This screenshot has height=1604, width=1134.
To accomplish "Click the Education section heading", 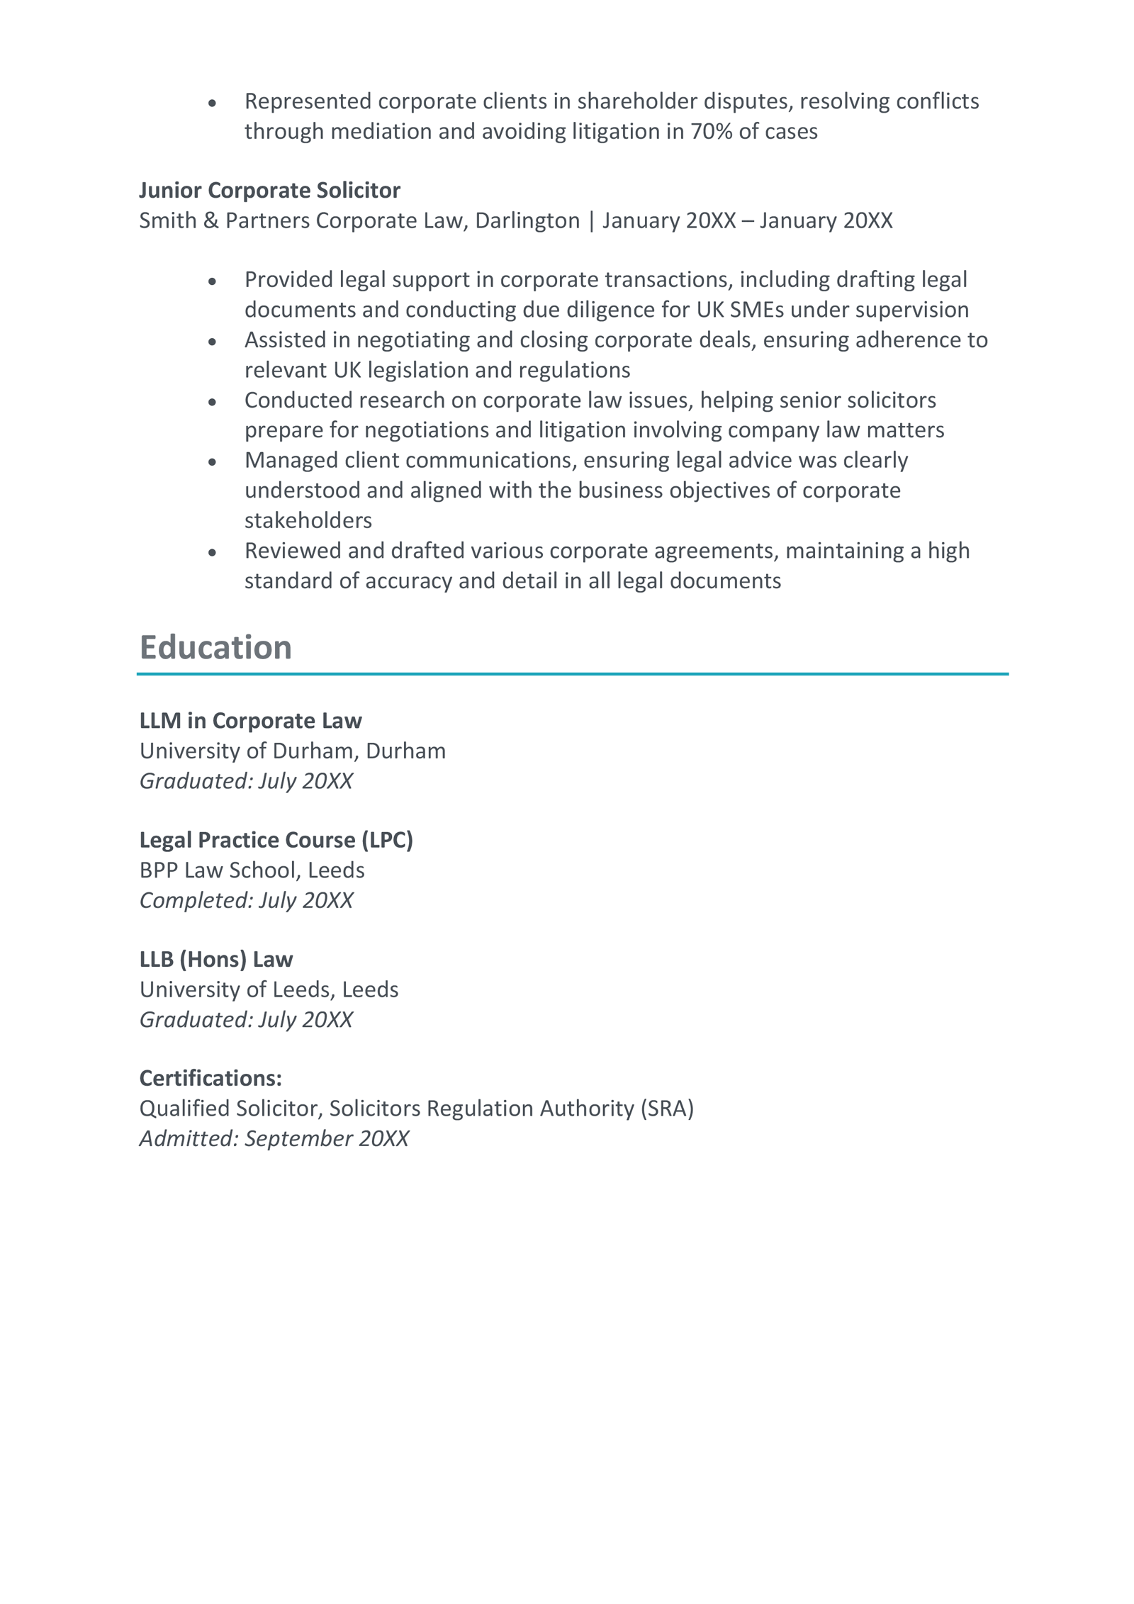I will [x=215, y=648].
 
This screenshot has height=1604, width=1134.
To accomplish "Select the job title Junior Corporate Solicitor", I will [x=269, y=191].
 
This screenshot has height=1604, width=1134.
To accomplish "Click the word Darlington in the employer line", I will [x=527, y=221].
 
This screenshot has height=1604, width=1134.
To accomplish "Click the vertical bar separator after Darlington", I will [x=591, y=221].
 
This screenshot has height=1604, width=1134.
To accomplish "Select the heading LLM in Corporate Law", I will [x=250, y=721].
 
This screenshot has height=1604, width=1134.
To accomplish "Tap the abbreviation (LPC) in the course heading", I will [x=387, y=840].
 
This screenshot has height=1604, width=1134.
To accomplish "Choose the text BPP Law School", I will [x=218, y=870].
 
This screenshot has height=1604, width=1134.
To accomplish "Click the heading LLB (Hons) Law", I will [x=215, y=960].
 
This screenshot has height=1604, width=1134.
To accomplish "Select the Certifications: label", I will [x=210, y=1079].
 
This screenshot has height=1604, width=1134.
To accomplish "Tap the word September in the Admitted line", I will [x=298, y=1139].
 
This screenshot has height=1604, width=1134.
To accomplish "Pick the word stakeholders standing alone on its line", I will [x=308, y=521].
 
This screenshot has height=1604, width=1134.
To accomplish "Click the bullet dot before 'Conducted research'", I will [x=212, y=402].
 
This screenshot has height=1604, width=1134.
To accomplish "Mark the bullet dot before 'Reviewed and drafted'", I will [x=212, y=552].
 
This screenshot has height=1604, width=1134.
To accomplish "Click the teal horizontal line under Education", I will [x=573, y=674].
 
